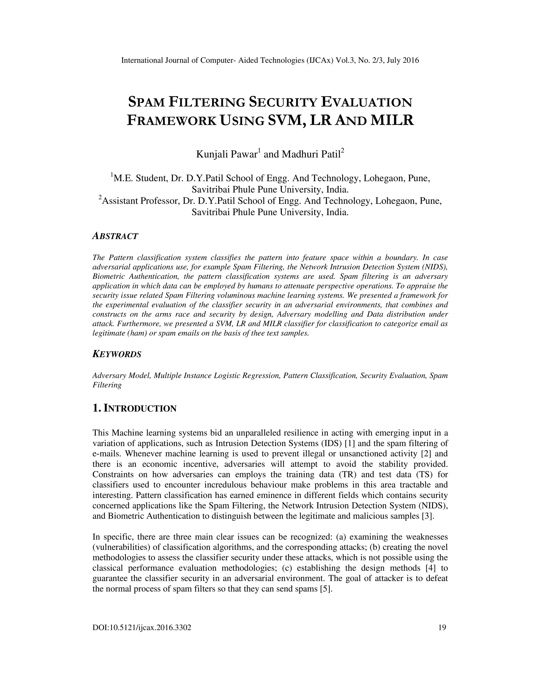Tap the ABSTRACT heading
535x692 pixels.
(115, 236)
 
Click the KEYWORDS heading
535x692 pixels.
(117, 354)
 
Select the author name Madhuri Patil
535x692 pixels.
(311, 154)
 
